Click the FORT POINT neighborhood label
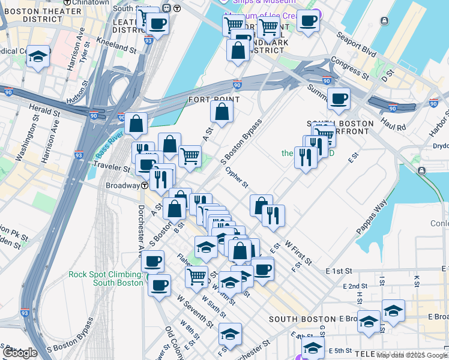[x=210, y=99]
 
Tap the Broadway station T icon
[x=145, y=185]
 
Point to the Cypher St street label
[x=237, y=176]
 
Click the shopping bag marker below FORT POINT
[x=221, y=112]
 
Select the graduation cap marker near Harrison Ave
[x=38, y=58]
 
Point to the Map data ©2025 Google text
[x=412, y=355]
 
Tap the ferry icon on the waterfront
[x=422, y=172]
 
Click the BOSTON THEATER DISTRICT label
[x=43, y=15]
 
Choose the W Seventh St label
[x=195, y=310]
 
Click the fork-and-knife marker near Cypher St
[x=273, y=215]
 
